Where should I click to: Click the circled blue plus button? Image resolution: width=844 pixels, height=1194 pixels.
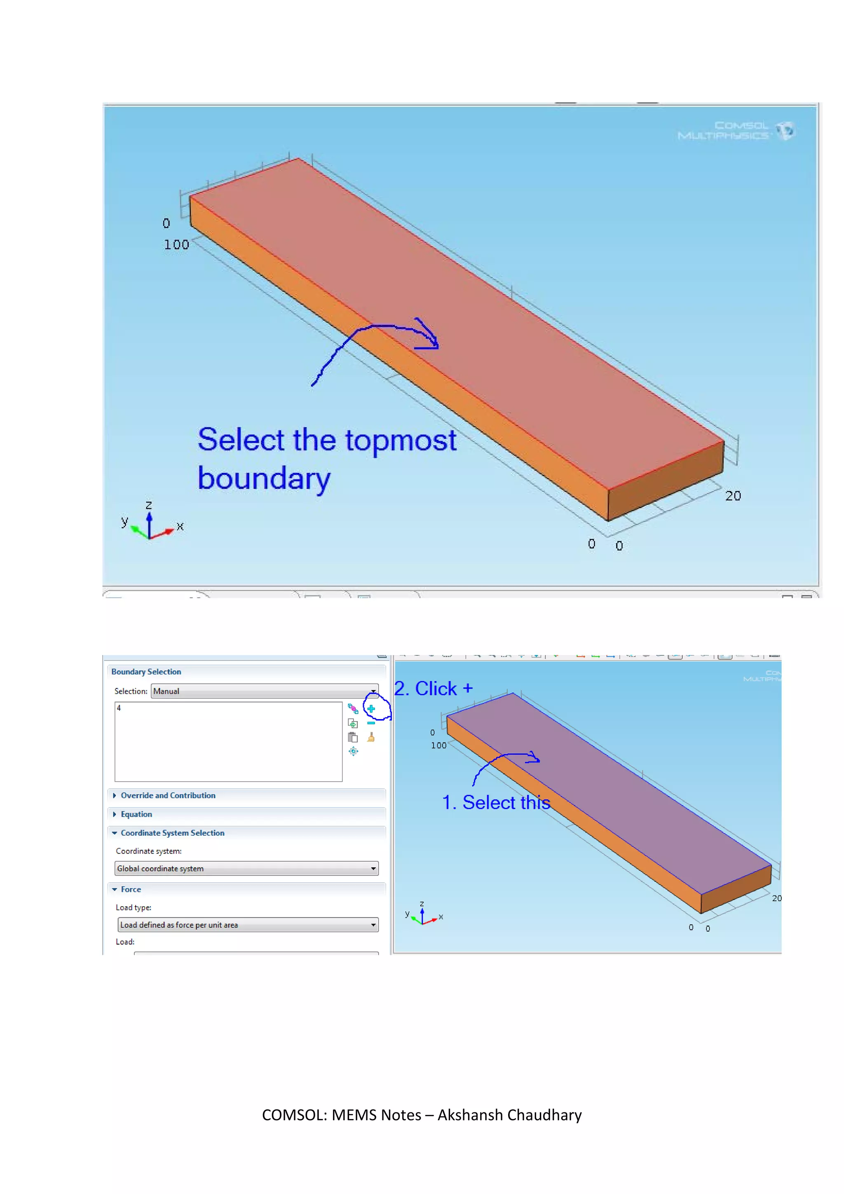(371, 709)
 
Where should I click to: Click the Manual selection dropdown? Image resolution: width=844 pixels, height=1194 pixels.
(264, 691)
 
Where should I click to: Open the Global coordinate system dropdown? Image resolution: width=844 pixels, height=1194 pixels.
(246, 868)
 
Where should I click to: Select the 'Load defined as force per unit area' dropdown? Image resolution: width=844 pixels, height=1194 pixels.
(248, 925)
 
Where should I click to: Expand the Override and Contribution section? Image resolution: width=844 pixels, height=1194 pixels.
(168, 796)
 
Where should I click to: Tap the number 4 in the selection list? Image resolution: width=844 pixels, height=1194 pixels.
(119, 708)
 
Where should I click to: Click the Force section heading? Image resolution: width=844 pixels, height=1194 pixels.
(131, 889)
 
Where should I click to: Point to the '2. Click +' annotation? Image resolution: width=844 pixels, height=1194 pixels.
(434, 689)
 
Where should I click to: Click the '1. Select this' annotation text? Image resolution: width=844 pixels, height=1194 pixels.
(496, 802)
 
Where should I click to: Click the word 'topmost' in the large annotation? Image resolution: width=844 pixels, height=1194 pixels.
(400, 440)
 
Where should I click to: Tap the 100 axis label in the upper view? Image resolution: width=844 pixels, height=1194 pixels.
(177, 245)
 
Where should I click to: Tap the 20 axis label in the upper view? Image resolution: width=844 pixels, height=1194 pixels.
(733, 496)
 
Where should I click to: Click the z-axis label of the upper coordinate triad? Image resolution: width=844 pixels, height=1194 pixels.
(149, 505)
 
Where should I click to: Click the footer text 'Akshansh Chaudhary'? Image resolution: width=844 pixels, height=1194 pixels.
(509, 1115)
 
